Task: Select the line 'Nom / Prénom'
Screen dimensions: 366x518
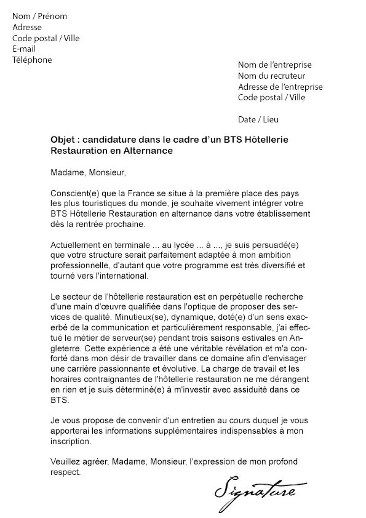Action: [x=40, y=17]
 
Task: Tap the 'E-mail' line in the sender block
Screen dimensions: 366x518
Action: [x=25, y=49]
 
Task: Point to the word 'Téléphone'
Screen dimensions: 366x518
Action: [x=32, y=60]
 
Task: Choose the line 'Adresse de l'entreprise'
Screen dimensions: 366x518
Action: [x=280, y=87]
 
